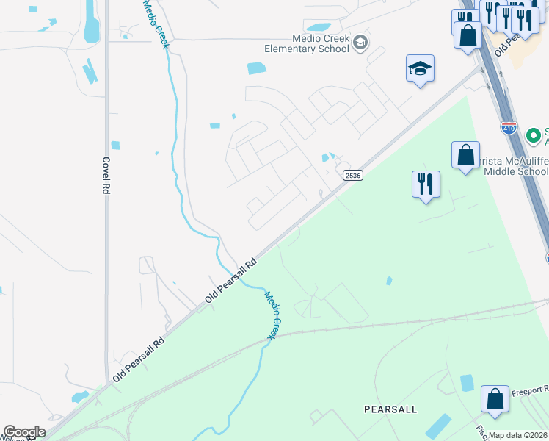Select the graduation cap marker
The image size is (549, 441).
click(x=420, y=69)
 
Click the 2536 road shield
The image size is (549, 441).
click(x=352, y=174)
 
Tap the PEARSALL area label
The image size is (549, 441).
click(x=390, y=409)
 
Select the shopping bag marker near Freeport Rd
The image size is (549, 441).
click(x=495, y=399)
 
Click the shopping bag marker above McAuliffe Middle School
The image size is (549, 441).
click(x=465, y=156)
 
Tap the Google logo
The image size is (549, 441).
click(x=24, y=432)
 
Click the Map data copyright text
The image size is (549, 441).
click(x=518, y=435)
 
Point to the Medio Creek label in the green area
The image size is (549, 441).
click(x=272, y=315)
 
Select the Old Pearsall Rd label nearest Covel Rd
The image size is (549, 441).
click(x=139, y=359)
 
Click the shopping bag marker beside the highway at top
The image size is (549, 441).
click(x=467, y=35)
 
